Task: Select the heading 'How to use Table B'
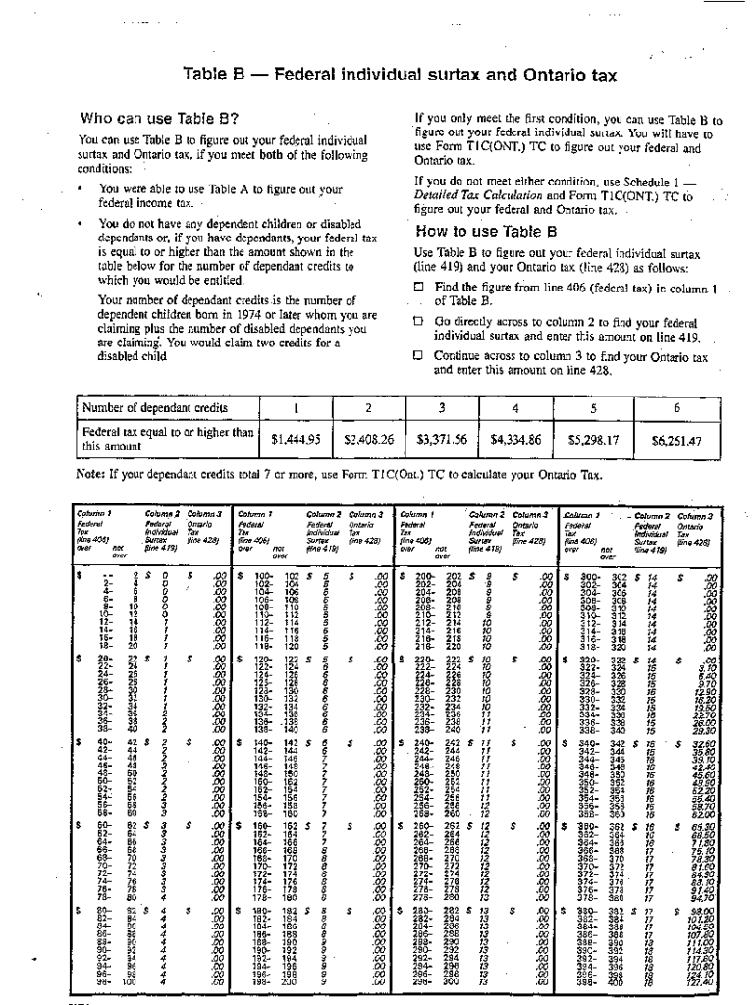(x=486, y=233)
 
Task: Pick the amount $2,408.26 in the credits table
(x=368, y=441)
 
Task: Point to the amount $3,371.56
(x=442, y=441)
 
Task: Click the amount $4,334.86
(x=515, y=441)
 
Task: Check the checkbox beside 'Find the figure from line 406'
(x=418, y=288)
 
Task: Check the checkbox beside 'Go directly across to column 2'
(x=418, y=321)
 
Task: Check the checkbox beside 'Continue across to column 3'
(x=418, y=357)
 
